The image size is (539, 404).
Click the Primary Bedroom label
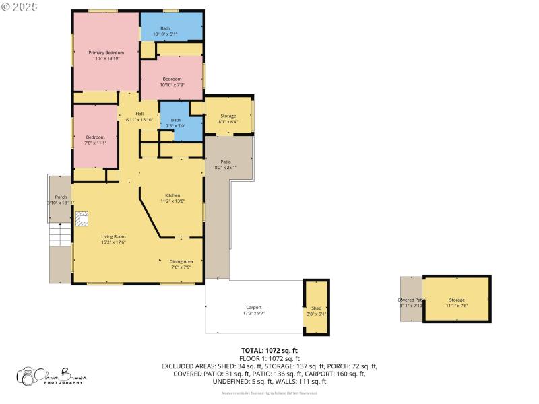tap(106, 55)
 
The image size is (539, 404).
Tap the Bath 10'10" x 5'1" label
tap(165, 31)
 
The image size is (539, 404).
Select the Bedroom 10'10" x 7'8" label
tap(171, 82)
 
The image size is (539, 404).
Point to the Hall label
tap(139, 116)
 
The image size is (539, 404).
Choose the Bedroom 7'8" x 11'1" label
tap(95, 140)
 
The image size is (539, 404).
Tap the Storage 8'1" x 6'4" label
tap(228, 119)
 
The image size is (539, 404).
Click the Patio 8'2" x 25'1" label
tap(226, 164)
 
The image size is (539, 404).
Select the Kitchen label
tap(172, 198)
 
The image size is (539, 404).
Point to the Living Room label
tap(113, 239)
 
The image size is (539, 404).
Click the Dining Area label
tap(181, 264)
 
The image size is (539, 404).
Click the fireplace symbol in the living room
tap(82, 219)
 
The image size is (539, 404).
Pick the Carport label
tap(253, 310)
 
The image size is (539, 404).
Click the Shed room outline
tap(316, 307)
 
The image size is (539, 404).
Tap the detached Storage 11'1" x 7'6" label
tap(457, 302)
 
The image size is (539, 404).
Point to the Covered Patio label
tap(410, 302)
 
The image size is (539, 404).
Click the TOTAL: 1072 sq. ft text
tap(269, 351)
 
